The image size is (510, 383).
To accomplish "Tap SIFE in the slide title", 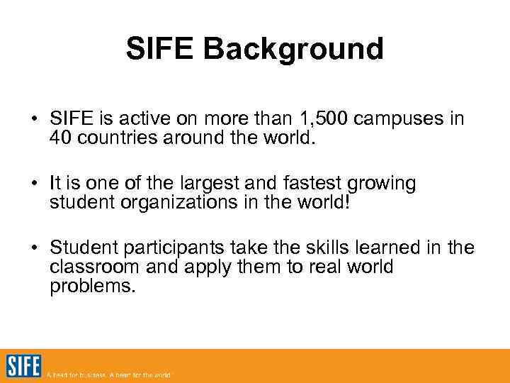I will point(161,49).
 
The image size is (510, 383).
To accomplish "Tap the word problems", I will point(91,287).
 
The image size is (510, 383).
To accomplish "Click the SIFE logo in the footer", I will point(23,366).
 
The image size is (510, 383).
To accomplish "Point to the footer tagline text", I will point(108,374).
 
